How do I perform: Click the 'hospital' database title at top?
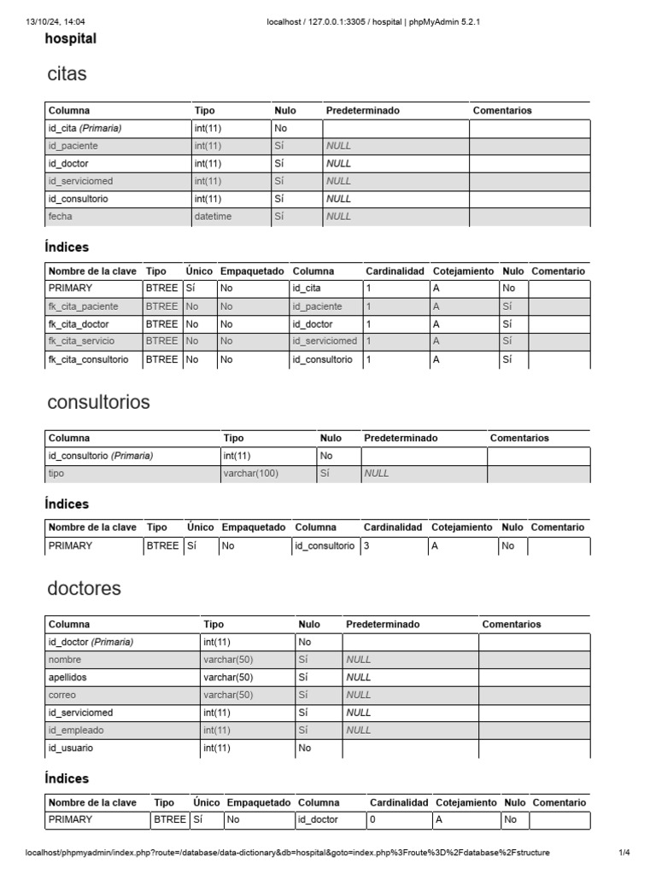click(x=70, y=38)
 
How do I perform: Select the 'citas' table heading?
click(x=67, y=74)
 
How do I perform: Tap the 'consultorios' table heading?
click(x=98, y=402)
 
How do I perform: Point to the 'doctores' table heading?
click(x=85, y=589)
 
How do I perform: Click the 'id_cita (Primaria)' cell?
click(x=85, y=128)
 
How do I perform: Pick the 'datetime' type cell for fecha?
click(x=213, y=217)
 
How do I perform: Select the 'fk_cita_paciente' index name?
click(x=84, y=306)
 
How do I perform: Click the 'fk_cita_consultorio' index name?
click(x=89, y=359)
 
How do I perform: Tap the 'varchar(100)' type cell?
click(x=251, y=473)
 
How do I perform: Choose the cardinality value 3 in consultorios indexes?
click(x=366, y=546)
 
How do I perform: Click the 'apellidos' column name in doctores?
click(x=68, y=677)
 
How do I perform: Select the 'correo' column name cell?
click(x=62, y=695)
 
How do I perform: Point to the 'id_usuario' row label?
click(x=71, y=748)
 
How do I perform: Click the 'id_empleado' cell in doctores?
click(x=74, y=730)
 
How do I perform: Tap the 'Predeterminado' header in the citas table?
click(x=362, y=110)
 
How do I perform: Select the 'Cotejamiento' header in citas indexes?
click(x=463, y=271)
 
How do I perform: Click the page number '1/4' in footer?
click(x=624, y=853)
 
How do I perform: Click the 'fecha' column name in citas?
click(x=61, y=217)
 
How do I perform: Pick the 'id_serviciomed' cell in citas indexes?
click(x=325, y=341)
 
